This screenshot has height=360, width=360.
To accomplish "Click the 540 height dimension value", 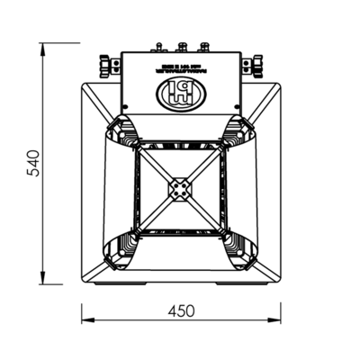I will click(x=33, y=163).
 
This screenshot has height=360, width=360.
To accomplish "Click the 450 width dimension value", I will click(x=182, y=310).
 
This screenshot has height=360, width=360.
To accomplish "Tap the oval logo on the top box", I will click(x=180, y=90).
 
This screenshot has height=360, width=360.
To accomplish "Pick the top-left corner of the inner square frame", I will click(x=138, y=145).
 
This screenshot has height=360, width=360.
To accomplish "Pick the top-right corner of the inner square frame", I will click(x=224, y=145).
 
